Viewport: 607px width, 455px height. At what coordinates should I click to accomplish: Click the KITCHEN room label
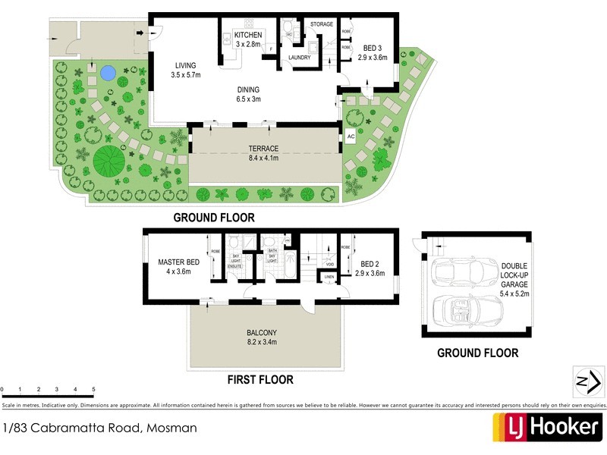click(247, 36)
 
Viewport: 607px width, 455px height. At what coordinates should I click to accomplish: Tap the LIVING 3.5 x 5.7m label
click(185, 70)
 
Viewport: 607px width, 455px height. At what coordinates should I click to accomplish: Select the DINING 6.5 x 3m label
click(248, 93)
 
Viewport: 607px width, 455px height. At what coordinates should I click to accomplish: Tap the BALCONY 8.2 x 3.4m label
click(260, 337)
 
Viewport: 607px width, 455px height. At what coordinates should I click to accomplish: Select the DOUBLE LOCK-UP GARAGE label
click(516, 279)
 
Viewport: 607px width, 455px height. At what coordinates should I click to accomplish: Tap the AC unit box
click(351, 136)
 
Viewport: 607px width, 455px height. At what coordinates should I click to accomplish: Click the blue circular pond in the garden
click(108, 74)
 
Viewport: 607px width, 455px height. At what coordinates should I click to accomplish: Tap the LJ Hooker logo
click(548, 427)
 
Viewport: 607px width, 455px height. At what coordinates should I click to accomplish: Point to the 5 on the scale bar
click(93, 390)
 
